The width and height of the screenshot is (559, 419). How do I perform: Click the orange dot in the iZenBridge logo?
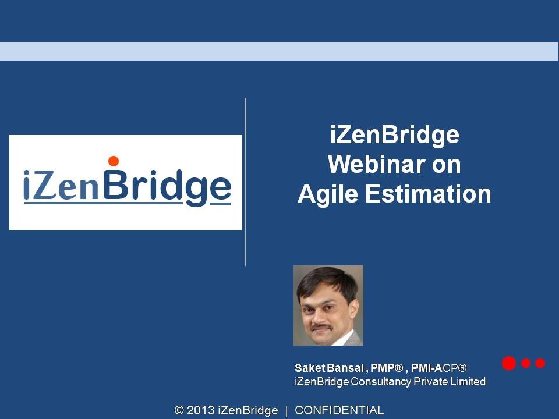pyautogui.click(x=114, y=161)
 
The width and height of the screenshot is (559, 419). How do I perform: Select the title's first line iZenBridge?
pyautogui.click(x=394, y=136)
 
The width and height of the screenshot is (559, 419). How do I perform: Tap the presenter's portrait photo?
pyautogui.click(x=328, y=306)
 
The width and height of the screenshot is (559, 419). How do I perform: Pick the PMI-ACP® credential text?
pyautogui.click(x=438, y=368)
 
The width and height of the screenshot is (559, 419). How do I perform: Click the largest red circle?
pyautogui.click(x=509, y=363)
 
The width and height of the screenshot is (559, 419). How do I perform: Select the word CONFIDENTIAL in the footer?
pyautogui.click(x=339, y=411)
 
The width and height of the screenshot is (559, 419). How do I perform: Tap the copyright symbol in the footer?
pyautogui.click(x=179, y=411)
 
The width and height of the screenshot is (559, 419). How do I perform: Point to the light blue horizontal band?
pyautogui.click(x=279, y=51)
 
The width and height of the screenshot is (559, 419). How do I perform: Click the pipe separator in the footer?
pyautogui.click(x=286, y=411)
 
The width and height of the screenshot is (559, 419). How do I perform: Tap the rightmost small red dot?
pyautogui.click(x=540, y=363)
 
